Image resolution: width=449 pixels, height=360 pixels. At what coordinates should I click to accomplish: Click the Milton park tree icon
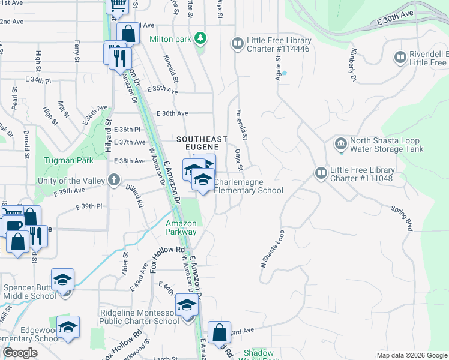point(200,39)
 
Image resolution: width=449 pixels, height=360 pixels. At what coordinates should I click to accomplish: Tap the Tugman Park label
point(68,161)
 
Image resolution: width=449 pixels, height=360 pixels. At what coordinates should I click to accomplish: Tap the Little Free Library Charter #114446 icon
point(238,44)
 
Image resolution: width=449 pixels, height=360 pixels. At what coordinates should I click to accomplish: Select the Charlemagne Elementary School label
point(249,186)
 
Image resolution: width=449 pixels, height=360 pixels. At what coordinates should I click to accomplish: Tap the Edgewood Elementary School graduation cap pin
point(68,328)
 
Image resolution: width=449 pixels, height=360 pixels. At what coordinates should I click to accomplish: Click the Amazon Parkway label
point(181,227)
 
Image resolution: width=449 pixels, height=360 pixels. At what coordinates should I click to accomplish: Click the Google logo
point(20,353)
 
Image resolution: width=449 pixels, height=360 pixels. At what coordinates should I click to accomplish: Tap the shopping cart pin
point(118,5)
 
